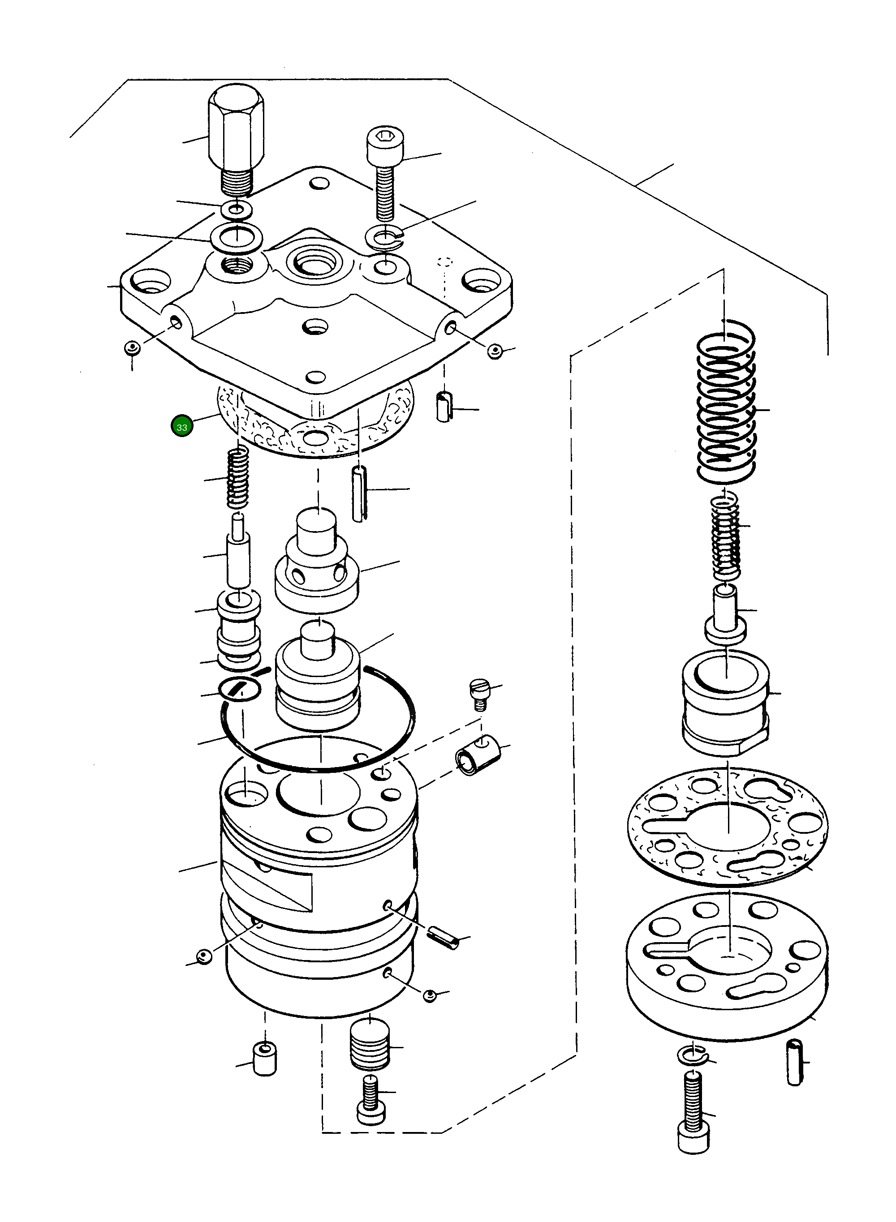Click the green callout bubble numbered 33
point(182,427)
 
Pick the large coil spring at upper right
point(726,401)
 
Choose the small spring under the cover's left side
point(237,477)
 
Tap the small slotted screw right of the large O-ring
point(479,694)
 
